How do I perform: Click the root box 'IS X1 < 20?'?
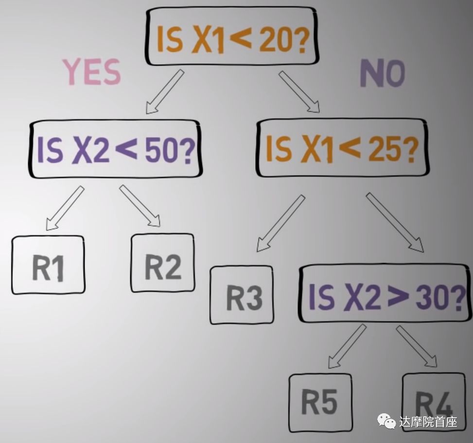232,36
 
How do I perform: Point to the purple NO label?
382,74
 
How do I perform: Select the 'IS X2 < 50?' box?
115,149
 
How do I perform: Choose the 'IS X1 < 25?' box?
342,148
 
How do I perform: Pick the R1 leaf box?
48,265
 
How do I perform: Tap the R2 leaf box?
163,263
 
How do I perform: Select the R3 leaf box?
242,295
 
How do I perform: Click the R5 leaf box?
320,403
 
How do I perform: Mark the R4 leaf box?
434,402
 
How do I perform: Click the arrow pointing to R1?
65,208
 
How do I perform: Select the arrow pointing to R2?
140,206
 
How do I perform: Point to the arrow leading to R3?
280,223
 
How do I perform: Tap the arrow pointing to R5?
347,346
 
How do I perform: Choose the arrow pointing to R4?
417,346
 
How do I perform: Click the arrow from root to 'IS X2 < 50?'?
165,91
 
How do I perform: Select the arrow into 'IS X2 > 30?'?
394,222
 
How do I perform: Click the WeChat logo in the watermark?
387,421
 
